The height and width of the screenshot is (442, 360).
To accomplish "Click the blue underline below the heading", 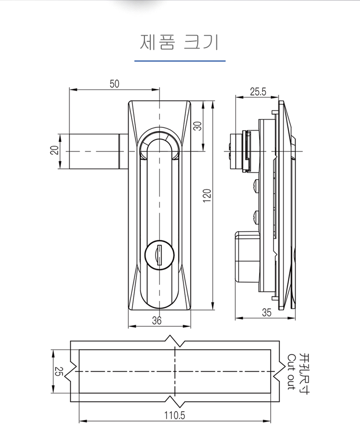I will click(x=180, y=61).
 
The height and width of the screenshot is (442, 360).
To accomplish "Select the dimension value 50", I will click(x=114, y=84).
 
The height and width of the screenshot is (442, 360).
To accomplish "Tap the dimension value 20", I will click(x=54, y=151).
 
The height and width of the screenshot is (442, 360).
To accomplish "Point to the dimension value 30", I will click(x=198, y=126).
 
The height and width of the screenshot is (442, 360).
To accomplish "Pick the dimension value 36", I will click(x=157, y=321).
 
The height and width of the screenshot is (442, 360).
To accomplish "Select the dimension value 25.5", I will click(x=257, y=92).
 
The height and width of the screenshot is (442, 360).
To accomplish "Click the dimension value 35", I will click(x=267, y=312).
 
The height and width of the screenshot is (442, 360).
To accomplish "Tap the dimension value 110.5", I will click(x=175, y=416).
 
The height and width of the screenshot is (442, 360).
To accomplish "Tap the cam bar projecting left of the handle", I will click(x=94, y=151).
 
